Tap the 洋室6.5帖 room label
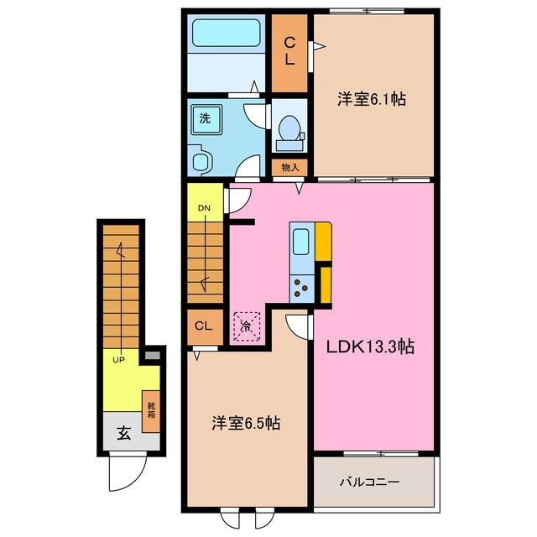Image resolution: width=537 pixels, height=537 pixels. (245, 425)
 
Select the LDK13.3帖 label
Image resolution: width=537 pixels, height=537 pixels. (373, 345)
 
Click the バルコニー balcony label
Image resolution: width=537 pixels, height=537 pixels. (369, 483)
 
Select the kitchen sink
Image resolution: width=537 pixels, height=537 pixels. (300, 243)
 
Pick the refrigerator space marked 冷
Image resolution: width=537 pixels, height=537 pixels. (247, 326)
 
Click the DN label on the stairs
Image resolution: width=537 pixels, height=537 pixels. (204, 208)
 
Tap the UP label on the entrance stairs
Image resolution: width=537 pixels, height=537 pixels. (120, 358)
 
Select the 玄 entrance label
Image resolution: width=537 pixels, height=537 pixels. (123, 434)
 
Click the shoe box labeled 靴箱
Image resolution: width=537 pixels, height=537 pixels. (152, 410)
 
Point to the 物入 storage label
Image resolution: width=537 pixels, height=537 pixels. (290, 168)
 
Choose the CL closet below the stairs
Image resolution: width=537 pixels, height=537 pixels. (203, 326)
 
